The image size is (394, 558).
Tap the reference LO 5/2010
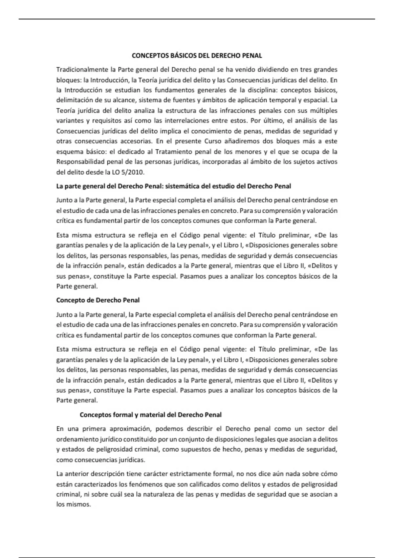(x=131, y=172)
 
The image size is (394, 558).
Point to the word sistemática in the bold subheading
(x=182, y=186)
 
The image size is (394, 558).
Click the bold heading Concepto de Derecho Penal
(x=98, y=300)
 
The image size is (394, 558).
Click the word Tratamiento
(x=173, y=152)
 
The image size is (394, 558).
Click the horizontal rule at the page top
(x=197, y=19)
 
